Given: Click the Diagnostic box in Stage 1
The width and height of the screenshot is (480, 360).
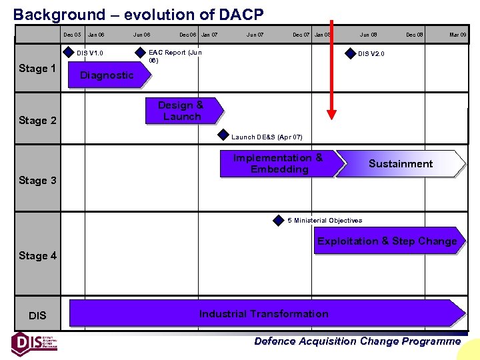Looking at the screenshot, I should point(107,75).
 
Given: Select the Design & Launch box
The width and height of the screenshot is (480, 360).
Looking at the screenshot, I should point(181,111).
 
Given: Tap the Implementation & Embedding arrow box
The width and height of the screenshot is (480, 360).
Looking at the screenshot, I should point(279,164).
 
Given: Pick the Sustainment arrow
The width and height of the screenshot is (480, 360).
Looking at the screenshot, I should point(401,164).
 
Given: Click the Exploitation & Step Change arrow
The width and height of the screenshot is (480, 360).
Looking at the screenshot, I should point(387,241).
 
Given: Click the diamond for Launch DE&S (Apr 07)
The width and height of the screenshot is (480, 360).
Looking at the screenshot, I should point(223,136).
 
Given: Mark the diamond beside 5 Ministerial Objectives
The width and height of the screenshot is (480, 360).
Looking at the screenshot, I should point(279,220).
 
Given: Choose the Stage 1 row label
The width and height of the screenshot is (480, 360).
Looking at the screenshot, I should point(37,69).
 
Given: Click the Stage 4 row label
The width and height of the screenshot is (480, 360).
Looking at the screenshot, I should point(37,256).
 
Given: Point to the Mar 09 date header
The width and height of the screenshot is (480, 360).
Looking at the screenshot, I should point(458,35).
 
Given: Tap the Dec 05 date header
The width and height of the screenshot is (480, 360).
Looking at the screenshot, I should point(72,35).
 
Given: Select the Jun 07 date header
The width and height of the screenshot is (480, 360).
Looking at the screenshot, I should point(255,35).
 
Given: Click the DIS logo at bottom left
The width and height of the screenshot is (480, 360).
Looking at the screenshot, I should point(34,343).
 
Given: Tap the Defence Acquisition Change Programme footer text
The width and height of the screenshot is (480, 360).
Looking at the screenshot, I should point(357,341).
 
